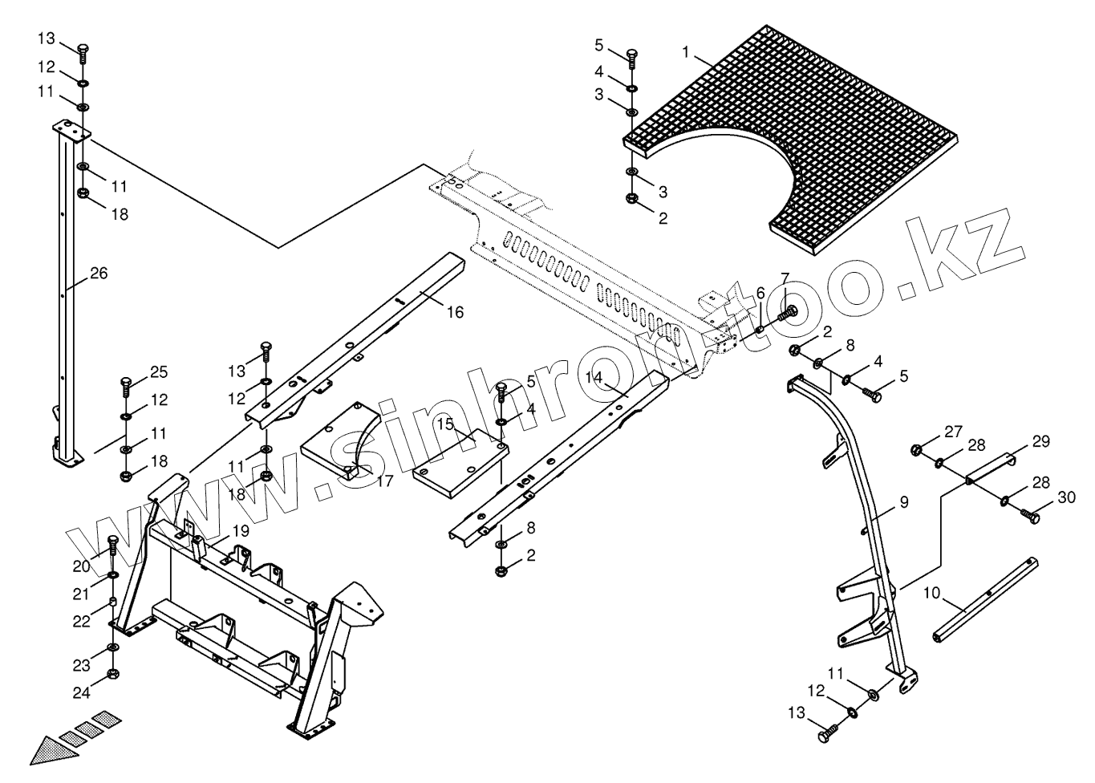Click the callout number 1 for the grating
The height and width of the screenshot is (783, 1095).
[x=685, y=52]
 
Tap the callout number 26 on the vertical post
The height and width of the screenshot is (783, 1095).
[x=98, y=274]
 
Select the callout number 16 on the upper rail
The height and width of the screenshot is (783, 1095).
[x=454, y=312]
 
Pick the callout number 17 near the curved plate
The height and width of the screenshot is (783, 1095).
[x=384, y=481]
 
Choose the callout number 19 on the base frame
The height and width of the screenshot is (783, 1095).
[x=241, y=530]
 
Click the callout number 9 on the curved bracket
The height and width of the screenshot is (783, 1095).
[x=903, y=503]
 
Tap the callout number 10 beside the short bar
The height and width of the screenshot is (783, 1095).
[x=931, y=593]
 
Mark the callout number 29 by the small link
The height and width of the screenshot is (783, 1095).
[x=1040, y=441]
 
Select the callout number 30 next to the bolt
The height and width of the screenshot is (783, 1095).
[x=1065, y=497]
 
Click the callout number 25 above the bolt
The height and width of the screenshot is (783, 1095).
[x=158, y=371]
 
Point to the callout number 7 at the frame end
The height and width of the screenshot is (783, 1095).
[x=785, y=278]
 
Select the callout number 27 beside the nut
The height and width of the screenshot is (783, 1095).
[x=952, y=432]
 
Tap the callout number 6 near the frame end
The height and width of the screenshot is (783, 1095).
[x=760, y=294]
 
